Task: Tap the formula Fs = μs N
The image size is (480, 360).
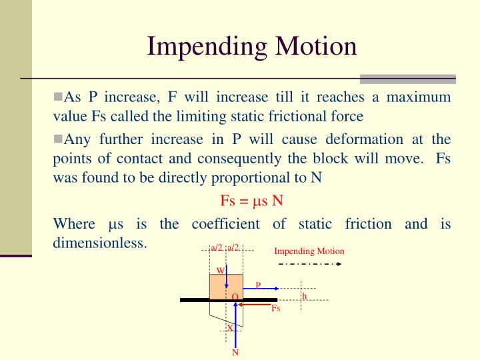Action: pos(252,201)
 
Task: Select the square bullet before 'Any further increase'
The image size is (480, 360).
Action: pos(57,139)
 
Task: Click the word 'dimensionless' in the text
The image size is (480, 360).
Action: pos(99,243)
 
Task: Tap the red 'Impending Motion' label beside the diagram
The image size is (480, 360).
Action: pos(309,251)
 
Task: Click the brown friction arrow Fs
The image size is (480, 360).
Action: pos(257,304)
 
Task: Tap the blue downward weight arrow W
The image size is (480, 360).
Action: pos(227,277)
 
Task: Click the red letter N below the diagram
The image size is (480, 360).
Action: pos(235,353)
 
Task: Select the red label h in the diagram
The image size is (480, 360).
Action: pos(305,296)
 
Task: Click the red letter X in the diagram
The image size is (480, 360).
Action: pos(230,328)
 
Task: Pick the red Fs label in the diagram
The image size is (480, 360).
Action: pos(275,309)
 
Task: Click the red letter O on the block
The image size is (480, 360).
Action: pos(235,296)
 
